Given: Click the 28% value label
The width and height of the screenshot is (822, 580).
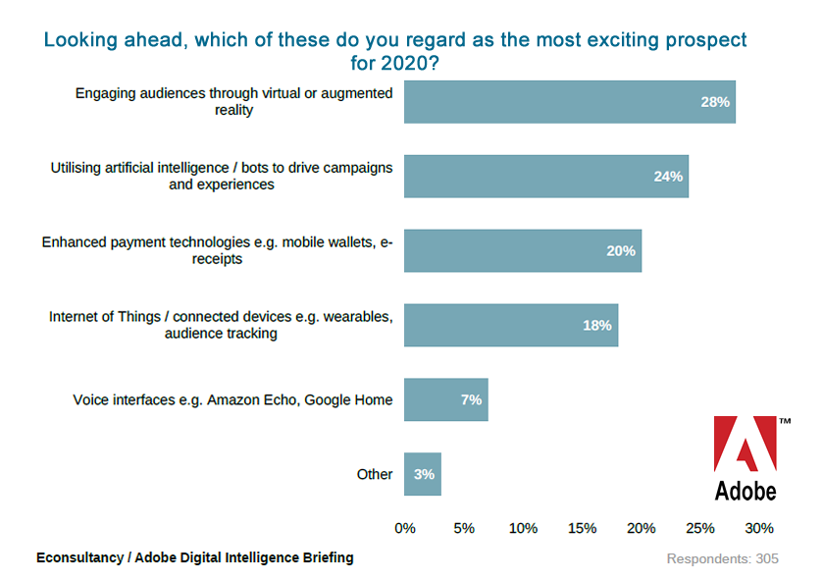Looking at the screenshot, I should point(715,102).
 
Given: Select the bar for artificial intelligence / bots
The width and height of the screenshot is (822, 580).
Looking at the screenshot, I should point(545,177).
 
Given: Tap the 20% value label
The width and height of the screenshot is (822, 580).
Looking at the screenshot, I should point(621,251).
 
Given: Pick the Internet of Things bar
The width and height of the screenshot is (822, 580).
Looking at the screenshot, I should point(510,325).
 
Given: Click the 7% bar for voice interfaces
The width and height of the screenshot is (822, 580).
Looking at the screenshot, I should point(445,399).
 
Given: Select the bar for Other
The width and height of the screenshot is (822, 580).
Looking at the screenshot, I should point(423,474).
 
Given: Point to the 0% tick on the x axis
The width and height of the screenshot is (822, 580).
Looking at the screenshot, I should point(405,528).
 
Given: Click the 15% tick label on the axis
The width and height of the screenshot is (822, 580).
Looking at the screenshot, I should point(582,528).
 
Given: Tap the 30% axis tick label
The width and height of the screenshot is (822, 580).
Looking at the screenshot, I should point(759,528).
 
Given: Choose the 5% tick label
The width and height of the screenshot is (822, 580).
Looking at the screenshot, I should point(464,528).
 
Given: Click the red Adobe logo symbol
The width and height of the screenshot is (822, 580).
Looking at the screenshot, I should point(744,446).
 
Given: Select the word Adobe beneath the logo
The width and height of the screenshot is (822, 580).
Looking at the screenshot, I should point(745,490).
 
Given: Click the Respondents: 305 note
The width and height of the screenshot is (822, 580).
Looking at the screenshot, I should point(723,558).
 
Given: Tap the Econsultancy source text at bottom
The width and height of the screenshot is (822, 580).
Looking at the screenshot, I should point(195,557).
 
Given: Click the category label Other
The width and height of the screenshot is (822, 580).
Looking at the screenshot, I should point(375,474).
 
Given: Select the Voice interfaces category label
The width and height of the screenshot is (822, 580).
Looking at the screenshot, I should point(232,399).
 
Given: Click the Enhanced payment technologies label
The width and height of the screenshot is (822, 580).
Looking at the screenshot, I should point(217,250).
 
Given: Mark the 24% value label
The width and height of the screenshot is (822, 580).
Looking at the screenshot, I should point(668,177).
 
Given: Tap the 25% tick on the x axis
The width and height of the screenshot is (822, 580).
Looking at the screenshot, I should point(700,528).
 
